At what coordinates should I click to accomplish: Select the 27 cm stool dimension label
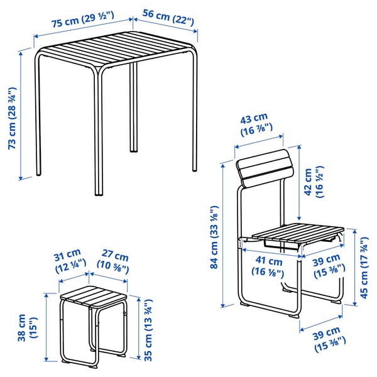tap(114, 262)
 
